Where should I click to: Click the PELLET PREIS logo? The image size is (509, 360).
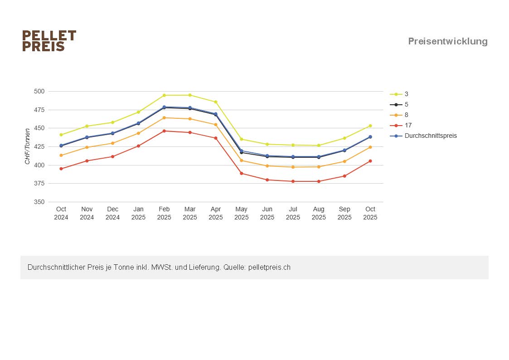[x=49, y=41]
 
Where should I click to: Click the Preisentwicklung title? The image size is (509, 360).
[x=447, y=41]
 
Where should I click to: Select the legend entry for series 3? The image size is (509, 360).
[x=406, y=94]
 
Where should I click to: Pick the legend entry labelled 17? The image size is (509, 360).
[x=408, y=126]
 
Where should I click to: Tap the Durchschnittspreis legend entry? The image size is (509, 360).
[x=431, y=136]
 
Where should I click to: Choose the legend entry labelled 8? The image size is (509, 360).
[x=406, y=115]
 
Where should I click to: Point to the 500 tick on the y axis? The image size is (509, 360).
[x=39, y=91]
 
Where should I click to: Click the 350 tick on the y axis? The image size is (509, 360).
[x=39, y=202]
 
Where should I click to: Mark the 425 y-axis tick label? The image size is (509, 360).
[x=39, y=146]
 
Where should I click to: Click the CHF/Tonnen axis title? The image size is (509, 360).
[x=28, y=146]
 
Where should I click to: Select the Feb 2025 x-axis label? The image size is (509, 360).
[x=164, y=213]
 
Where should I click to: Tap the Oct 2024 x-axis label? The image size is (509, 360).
[x=61, y=213]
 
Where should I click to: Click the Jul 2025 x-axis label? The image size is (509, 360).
[x=293, y=213]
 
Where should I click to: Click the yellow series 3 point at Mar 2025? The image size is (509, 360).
[x=190, y=95]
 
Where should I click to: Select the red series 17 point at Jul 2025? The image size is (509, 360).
[x=293, y=181]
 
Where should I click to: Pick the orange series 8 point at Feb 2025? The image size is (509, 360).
[x=164, y=118]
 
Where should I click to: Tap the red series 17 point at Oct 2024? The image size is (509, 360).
[x=61, y=169]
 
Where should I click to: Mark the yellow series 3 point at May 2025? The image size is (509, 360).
[x=242, y=139]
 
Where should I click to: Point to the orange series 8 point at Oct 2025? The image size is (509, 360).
[x=370, y=147]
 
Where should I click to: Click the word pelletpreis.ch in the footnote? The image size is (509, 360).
[x=269, y=268]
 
